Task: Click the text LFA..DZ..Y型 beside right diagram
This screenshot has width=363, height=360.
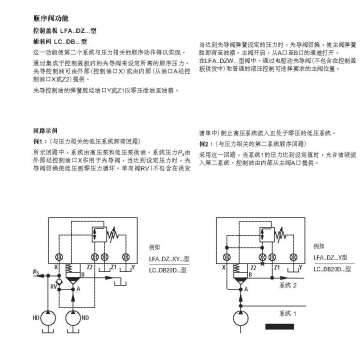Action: point(318,259)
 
